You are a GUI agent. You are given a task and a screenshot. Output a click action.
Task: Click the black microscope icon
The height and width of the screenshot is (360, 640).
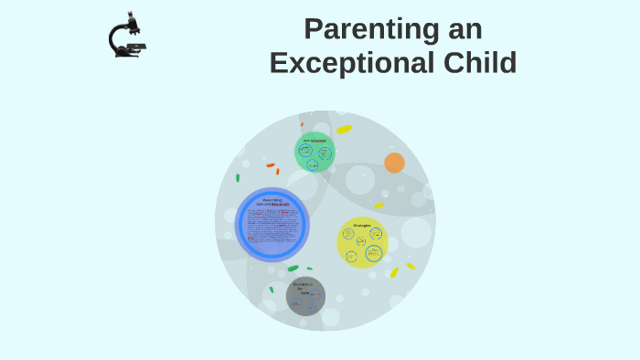tap(127, 36)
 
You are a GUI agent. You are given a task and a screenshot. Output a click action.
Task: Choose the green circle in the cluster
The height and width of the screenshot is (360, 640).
tap(315, 152)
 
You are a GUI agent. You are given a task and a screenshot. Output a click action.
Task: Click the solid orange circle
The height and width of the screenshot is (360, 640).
tap(394, 163)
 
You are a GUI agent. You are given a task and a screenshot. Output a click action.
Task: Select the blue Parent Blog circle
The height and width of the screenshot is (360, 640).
tap(272, 224)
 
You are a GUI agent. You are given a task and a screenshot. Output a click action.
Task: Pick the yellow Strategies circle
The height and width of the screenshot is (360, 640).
tap(362, 242)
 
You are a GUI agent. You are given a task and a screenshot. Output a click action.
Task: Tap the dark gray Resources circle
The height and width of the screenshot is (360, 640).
tap(305, 296)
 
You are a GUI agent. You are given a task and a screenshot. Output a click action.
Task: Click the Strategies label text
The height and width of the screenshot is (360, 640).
tap(362, 224)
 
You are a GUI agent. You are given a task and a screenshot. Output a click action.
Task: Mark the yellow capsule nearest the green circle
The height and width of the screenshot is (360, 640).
tap(344, 130)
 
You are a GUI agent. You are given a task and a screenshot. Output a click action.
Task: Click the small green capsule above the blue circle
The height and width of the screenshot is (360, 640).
tap(238, 177)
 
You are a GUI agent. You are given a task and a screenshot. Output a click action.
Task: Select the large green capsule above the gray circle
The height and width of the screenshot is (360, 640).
tap(293, 269)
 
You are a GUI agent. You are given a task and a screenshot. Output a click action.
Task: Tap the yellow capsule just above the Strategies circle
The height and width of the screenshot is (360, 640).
tap(379, 206)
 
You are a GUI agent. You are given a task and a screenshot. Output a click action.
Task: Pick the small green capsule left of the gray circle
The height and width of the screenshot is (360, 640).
tap(272, 290)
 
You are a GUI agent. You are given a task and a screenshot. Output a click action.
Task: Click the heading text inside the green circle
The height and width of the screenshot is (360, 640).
tap(315, 140)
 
